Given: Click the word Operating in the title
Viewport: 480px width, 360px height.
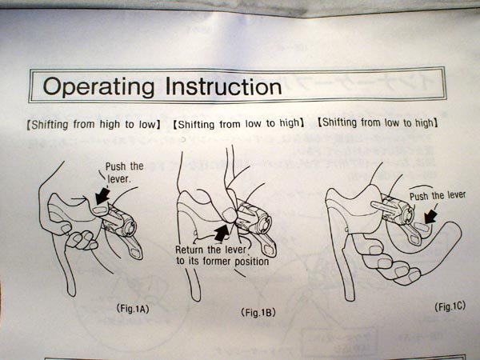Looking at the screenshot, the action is click(98, 86).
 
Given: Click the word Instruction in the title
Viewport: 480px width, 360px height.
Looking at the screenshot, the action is click(223, 86).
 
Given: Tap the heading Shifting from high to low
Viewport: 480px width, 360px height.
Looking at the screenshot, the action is click(94, 125).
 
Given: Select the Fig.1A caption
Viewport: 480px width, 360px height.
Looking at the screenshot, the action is click(133, 309).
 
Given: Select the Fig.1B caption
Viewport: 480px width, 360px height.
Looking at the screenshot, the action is click(258, 312).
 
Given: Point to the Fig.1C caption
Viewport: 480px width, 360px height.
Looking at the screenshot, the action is click(450, 306).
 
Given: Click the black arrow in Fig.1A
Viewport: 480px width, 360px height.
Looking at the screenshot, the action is click(102, 196).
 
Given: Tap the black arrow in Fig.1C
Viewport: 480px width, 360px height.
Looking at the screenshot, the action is click(431, 216).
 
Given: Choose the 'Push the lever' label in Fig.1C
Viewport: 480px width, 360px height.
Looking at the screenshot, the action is click(438, 195).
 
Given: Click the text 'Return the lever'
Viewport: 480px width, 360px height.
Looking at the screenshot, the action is click(210, 250).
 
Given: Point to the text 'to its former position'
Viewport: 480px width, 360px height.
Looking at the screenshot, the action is click(222, 262).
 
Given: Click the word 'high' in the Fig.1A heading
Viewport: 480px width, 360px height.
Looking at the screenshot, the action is click(110, 125).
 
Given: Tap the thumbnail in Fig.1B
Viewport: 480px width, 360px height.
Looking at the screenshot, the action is click(229, 214).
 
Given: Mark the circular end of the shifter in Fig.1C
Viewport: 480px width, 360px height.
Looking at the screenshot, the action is click(406, 213).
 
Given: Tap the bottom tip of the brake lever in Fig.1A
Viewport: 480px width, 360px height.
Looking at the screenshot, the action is click(72, 294).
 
